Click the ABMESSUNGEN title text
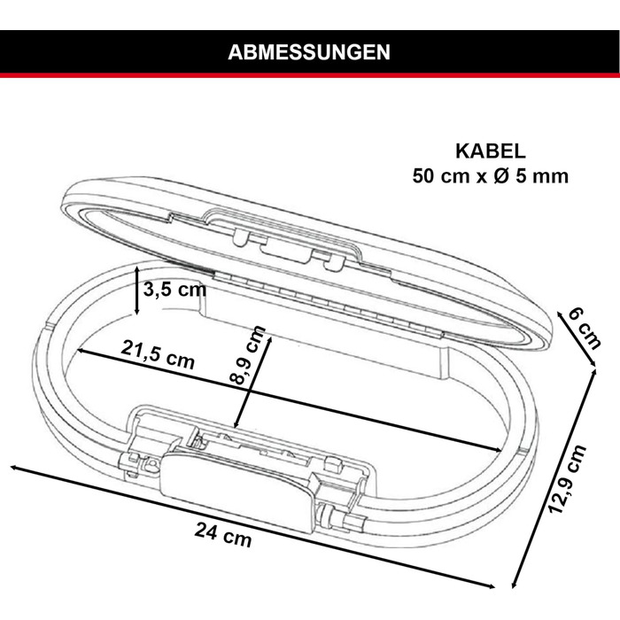(309, 52)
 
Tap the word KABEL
(491, 151)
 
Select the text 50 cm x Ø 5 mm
(491, 176)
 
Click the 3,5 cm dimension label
(174, 290)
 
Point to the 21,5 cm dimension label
(158, 354)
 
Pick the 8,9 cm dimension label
(247, 354)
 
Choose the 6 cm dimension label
(585, 329)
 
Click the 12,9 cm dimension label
(568, 479)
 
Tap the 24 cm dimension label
(223, 535)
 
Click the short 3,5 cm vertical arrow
(136, 291)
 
